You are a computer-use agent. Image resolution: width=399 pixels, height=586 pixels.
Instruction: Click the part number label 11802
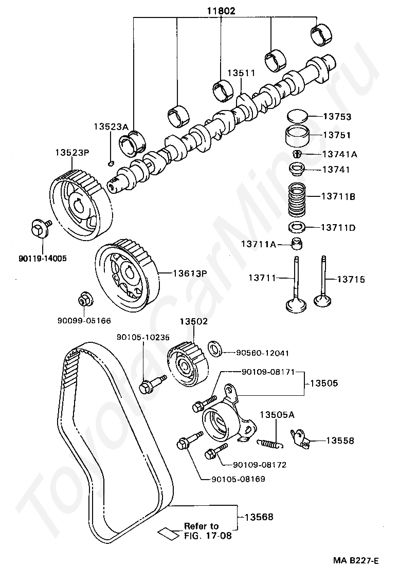[222, 10]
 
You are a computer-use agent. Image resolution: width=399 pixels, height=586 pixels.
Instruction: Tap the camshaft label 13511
[241, 74]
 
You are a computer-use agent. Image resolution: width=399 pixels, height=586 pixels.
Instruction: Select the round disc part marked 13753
[297, 116]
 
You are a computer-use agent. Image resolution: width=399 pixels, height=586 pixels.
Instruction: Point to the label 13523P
[72, 152]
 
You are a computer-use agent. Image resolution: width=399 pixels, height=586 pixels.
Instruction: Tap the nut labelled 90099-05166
[84, 299]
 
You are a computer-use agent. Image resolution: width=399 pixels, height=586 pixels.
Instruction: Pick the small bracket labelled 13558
[300, 438]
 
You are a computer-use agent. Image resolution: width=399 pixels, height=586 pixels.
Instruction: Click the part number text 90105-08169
[238, 480]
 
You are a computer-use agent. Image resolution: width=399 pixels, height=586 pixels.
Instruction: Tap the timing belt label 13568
[259, 517]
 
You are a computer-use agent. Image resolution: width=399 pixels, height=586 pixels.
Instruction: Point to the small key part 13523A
[111, 163]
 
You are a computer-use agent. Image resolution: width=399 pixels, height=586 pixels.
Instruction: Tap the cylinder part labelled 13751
[297, 137]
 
